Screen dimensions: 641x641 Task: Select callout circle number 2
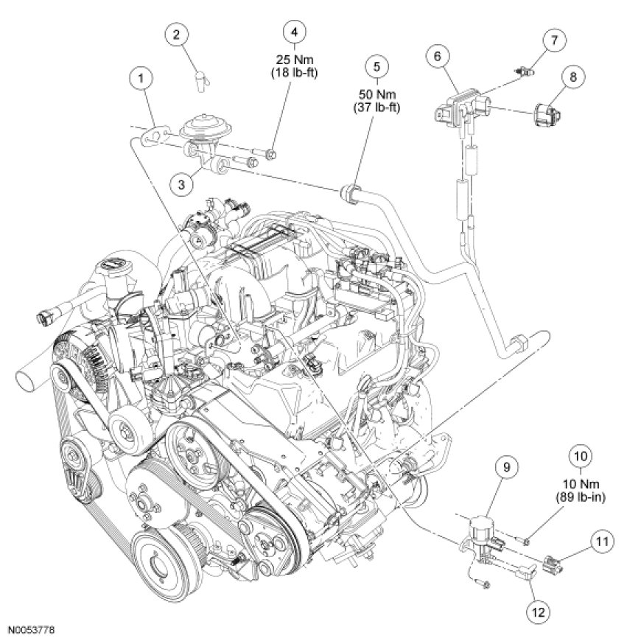pos(177,35)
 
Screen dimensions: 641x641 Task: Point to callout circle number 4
pos(294,32)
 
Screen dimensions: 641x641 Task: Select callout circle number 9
pos(507,467)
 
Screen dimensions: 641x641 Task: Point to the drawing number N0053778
pos(32,631)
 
